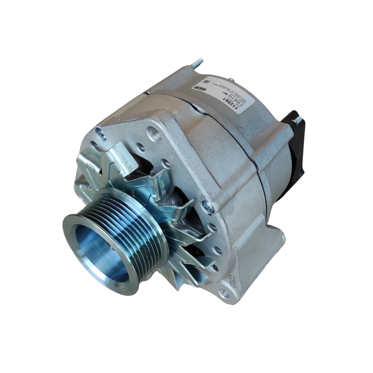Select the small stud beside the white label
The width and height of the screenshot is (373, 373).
coord(232,79)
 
